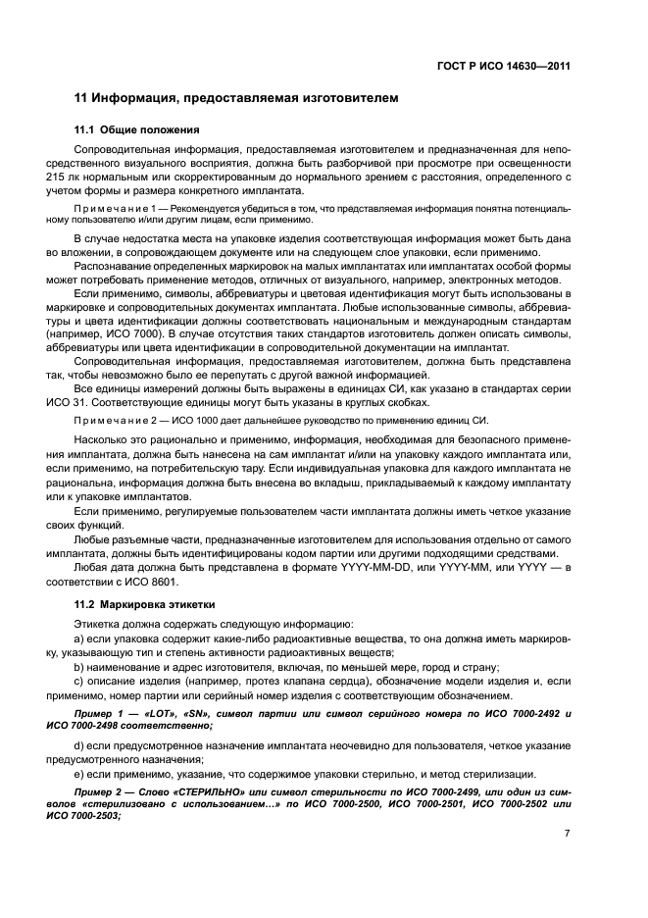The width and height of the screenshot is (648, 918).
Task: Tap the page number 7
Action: pos(567,833)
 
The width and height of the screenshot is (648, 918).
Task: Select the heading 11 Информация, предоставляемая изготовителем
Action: pos(236,99)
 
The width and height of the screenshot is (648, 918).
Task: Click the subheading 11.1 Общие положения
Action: pos(137,129)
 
